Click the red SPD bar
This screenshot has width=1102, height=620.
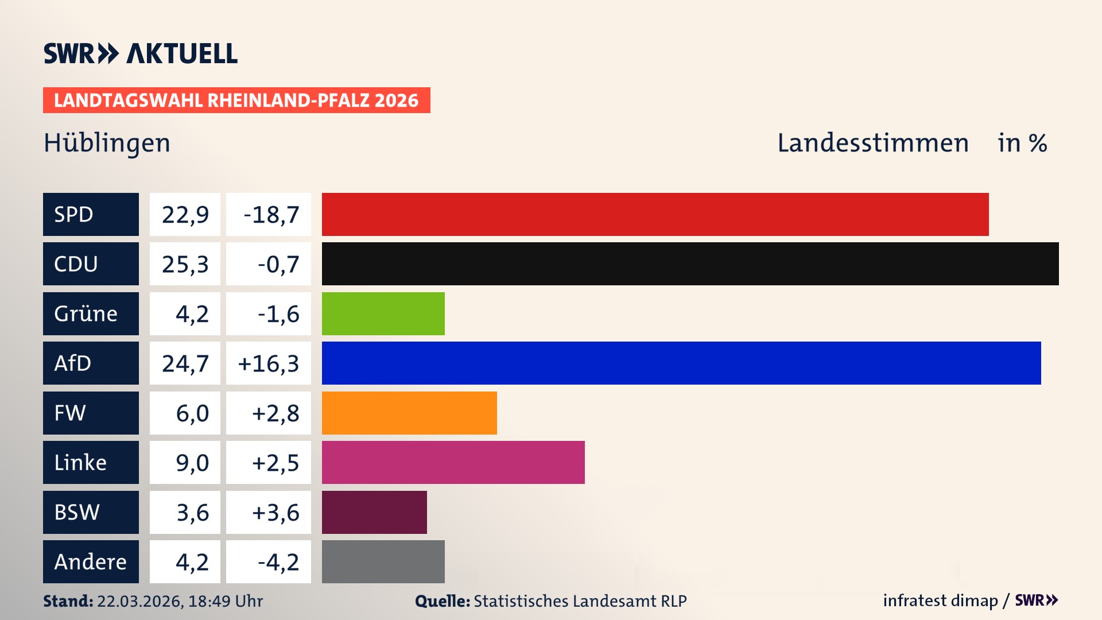655,214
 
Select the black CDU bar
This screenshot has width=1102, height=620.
690,263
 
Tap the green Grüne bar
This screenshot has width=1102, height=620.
383,313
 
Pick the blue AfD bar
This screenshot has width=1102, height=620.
681,363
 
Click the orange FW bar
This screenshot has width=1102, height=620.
409,413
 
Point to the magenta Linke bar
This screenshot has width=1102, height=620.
453,462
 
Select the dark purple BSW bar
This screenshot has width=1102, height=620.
374,512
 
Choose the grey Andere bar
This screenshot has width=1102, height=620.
383,561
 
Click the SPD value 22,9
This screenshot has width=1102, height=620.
185,214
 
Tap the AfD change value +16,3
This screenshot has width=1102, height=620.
269,363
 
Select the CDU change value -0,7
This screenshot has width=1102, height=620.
278,264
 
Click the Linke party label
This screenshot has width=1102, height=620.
80,462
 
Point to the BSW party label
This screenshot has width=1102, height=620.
77,512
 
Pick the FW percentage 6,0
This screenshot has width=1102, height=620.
192,413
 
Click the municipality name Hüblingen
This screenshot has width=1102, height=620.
107,143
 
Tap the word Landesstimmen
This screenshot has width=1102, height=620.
872,143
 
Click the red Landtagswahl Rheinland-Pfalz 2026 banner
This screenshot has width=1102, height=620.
236,100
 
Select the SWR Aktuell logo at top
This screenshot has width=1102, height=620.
141,53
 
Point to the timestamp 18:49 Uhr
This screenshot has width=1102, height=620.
225,601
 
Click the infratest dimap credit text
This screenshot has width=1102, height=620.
940,600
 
